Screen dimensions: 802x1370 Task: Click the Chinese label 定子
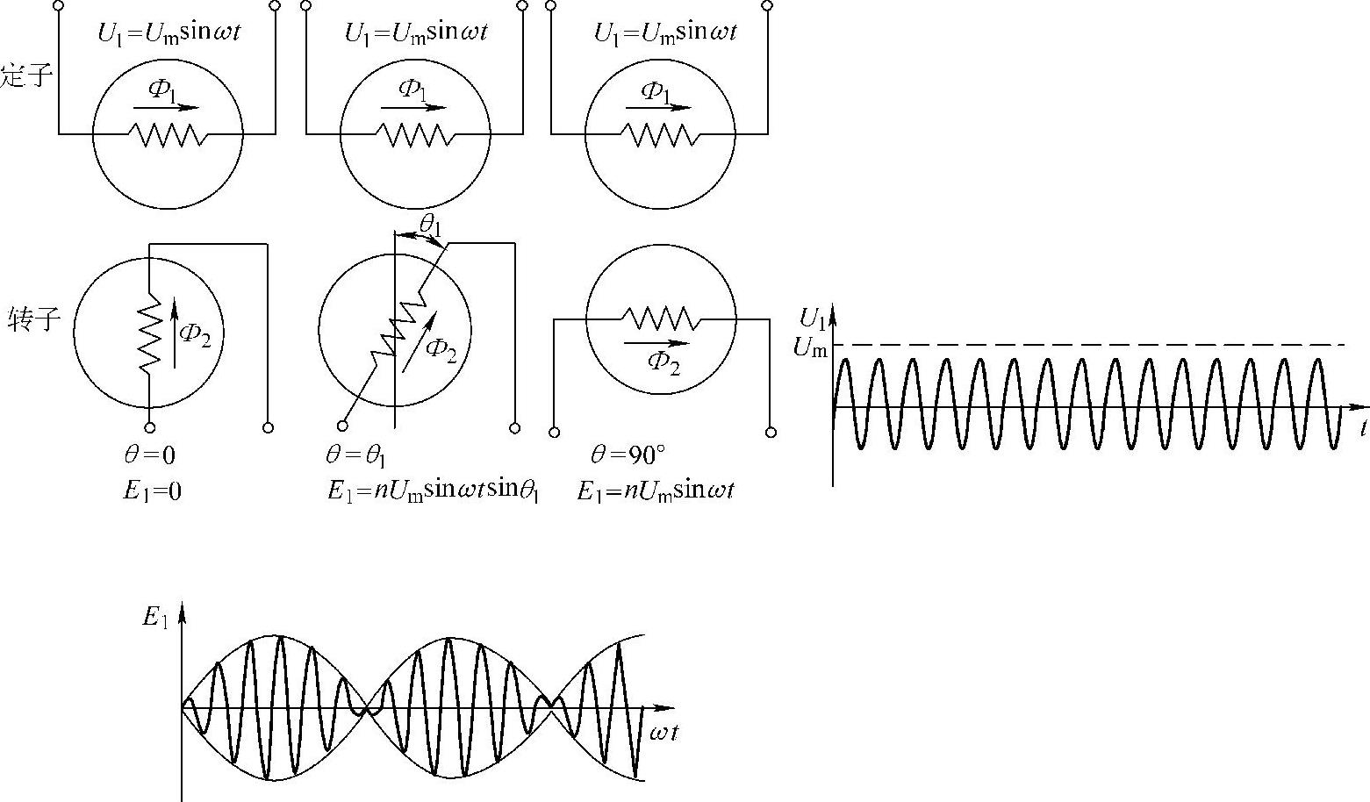(x=26, y=75)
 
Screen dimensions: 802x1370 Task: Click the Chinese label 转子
(x=34, y=319)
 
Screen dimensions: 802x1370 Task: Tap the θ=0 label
(x=149, y=455)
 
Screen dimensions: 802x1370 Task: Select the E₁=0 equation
(x=152, y=491)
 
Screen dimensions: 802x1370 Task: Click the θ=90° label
(x=628, y=455)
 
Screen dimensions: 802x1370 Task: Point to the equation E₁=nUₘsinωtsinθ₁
(x=433, y=491)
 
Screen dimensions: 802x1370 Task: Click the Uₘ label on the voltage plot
(x=809, y=347)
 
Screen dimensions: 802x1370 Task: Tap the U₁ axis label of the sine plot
(x=813, y=318)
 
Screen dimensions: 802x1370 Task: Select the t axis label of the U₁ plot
(x=1363, y=428)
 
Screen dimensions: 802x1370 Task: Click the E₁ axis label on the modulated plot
(x=155, y=618)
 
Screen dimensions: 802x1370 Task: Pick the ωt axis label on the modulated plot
(x=663, y=733)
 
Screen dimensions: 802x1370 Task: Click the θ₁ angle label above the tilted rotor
(x=430, y=226)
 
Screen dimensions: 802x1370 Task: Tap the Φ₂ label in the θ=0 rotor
(x=195, y=334)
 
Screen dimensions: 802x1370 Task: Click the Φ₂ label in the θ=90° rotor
(x=663, y=362)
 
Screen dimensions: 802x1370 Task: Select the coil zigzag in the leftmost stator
(x=168, y=134)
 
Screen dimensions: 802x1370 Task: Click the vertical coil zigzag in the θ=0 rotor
(x=150, y=333)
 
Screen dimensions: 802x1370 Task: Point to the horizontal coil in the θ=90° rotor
(x=659, y=317)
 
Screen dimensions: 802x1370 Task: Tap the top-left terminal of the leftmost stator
(x=59, y=5)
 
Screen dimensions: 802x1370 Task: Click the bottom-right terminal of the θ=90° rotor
(x=771, y=432)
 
